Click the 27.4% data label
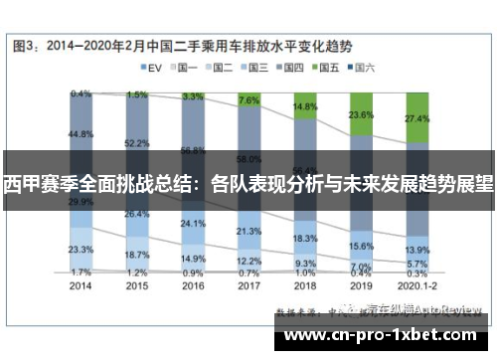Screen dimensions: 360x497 417,117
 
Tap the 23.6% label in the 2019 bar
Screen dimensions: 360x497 361,114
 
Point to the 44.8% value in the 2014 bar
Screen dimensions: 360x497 82,133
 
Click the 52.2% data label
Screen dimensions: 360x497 137,143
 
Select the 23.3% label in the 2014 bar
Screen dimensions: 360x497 82,249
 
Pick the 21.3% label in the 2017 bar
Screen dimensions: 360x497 249,231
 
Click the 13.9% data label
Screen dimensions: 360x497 417,249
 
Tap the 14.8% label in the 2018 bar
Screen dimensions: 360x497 305,106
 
